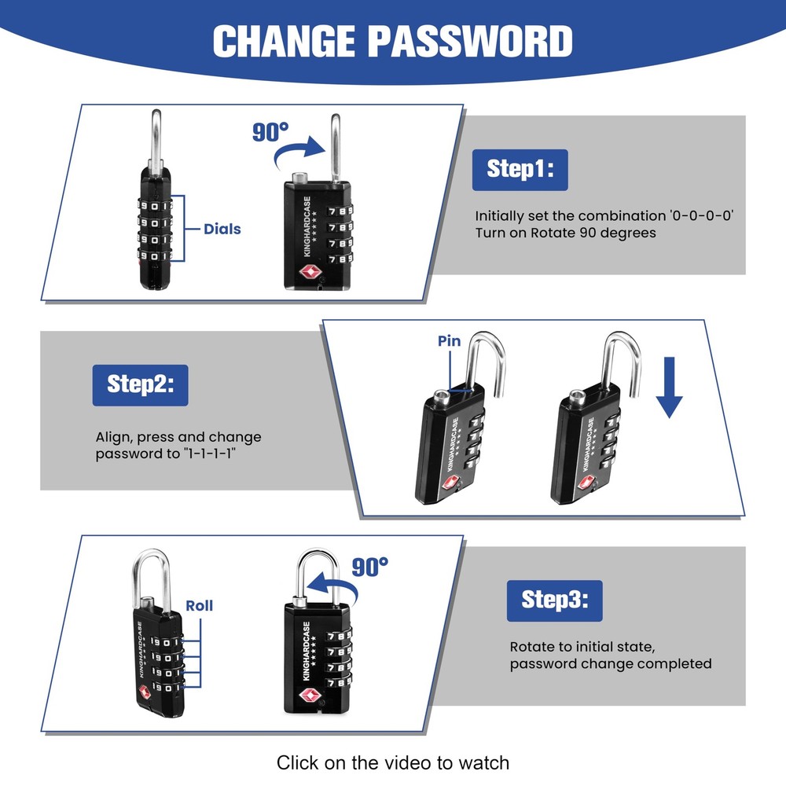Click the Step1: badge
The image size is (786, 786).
(x=520, y=170)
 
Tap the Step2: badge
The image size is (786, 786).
(x=141, y=385)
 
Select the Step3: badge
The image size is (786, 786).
(x=554, y=601)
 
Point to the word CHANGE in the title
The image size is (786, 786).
(x=284, y=41)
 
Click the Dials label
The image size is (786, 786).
(x=222, y=229)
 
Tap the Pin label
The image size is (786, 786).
(x=449, y=341)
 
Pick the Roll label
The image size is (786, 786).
(x=199, y=605)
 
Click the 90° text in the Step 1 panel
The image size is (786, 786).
(x=270, y=132)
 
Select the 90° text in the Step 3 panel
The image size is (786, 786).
(x=370, y=567)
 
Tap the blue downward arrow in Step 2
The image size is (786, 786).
(x=669, y=387)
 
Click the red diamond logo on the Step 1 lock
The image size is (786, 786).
(x=310, y=272)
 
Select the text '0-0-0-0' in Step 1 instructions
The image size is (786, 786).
(x=702, y=216)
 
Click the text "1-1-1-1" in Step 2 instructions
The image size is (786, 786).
(x=210, y=454)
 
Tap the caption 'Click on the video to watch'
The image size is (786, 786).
(x=393, y=763)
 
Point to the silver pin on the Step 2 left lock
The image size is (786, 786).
(x=442, y=397)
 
